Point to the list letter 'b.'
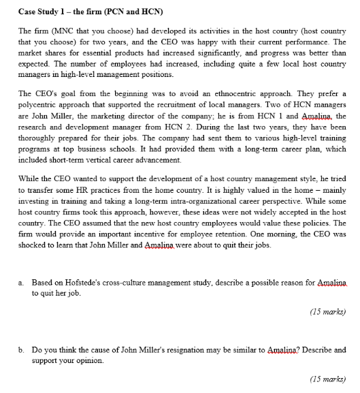pyautogui.click(x=22, y=350)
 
